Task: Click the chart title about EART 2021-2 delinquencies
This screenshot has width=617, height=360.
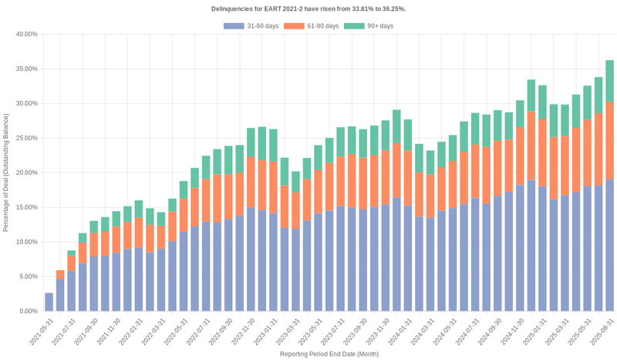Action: [x=308, y=8]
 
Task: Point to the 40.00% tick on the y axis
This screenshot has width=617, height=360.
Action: [x=26, y=35]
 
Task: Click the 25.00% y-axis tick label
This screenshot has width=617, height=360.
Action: [x=26, y=138]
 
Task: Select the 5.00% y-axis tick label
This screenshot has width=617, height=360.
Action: [x=28, y=277]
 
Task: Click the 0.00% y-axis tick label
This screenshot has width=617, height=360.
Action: [x=28, y=311]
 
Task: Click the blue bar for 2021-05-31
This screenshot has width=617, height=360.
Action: [x=49, y=302]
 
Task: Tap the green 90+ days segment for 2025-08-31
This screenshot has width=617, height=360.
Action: [x=609, y=81]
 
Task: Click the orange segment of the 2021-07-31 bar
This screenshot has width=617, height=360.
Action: [x=72, y=263]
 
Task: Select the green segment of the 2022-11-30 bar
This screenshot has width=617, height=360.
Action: [x=251, y=143]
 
